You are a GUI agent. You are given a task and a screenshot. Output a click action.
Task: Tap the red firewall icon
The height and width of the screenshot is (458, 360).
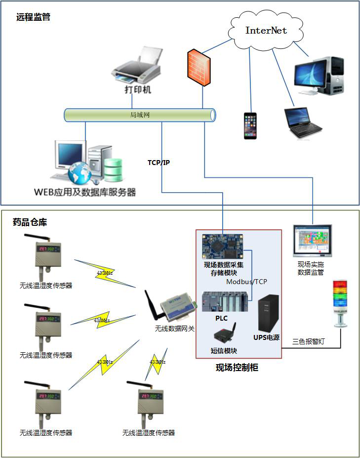click(199, 66)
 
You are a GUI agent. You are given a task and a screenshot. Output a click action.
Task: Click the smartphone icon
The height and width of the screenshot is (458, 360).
click(250, 126)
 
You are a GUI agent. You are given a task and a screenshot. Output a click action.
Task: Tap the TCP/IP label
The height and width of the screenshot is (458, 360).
click(159, 163)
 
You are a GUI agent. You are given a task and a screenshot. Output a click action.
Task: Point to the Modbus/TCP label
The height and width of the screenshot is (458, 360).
click(246, 282)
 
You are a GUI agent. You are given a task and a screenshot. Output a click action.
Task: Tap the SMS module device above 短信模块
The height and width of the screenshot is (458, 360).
click(225, 334)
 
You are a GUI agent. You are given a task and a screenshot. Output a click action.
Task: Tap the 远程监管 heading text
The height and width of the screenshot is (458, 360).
click(33, 17)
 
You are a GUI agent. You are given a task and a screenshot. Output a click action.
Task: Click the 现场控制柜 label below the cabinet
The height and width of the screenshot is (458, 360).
click(237, 367)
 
